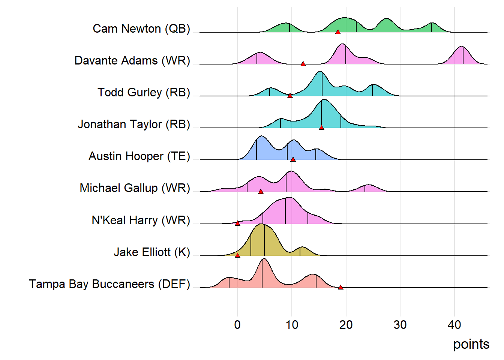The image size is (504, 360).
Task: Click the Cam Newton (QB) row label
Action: coord(141,28)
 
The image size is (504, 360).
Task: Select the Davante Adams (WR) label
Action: coord(132,60)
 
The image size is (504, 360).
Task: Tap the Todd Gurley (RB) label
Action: coord(144,92)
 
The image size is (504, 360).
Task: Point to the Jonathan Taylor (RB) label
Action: coord(134,124)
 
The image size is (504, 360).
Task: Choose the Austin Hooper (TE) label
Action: coord(139,156)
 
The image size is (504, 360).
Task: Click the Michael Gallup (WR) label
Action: coord(135,188)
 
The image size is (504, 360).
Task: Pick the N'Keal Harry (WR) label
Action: coord(141,220)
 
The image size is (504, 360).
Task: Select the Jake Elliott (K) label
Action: coord(152,252)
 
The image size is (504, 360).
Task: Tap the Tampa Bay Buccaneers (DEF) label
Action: coord(109,284)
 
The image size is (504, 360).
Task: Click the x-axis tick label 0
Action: coord(237,325)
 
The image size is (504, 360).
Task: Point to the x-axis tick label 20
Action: coord(346,325)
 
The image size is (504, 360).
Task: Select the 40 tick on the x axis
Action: coord(454,325)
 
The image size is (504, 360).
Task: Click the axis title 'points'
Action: coord(471,344)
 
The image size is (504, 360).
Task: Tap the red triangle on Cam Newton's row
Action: coord(338,32)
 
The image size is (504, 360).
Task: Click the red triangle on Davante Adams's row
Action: coord(303,64)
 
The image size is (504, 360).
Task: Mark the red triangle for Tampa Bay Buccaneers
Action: coord(340,287)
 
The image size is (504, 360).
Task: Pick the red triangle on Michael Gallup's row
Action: coord(261,191)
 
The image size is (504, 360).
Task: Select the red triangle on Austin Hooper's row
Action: coord(293,159)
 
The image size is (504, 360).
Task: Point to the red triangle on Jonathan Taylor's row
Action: coord(321,127)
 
